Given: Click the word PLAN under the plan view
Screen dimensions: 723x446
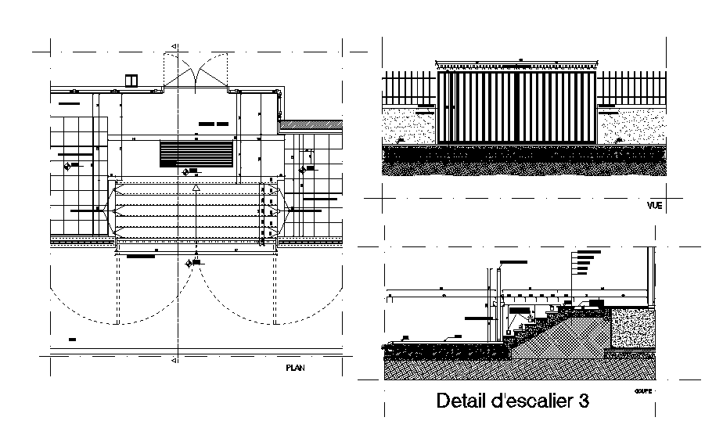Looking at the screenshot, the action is [296, 367].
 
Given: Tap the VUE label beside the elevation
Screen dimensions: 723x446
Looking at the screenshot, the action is [654, 207].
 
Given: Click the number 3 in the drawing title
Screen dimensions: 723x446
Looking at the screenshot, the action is [582, 401].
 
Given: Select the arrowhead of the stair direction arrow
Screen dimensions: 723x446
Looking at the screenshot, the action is [196, 188].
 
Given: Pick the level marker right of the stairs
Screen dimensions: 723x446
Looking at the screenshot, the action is [303, 169].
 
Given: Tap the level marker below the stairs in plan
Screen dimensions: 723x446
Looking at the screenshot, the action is [189, 264].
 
